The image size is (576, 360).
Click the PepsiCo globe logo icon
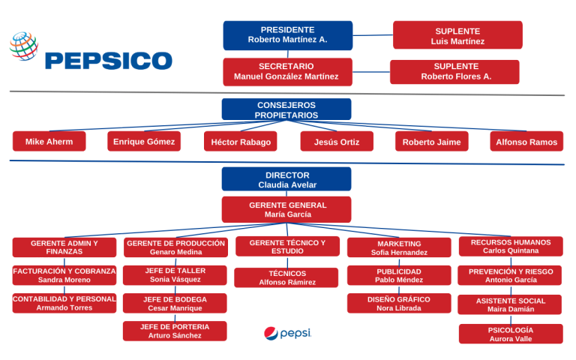pyautogui.click(x=24, y=46)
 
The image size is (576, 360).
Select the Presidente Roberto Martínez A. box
pyautogui.click(x=287, y=35)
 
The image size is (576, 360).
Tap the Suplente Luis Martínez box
pyautogui.click(x=457, y=35)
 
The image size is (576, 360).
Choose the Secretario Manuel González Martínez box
pyautogui.click(x=287, y=71)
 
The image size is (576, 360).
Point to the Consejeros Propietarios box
pyautogui.click(x=286, y=109)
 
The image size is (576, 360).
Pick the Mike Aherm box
pyautogui.click(x=49, y=141)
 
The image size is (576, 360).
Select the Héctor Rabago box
pyautogui.click(x=240, y=141)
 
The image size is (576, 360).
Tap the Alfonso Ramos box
pyautogui.click(x=526, y=141)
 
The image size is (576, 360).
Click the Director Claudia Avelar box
pyautogui.click(x=286, y=179)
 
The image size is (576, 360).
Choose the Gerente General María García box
pyautogui.click(x=286, y=209)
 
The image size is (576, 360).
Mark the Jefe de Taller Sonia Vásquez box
pyautogui.click(x=175, y=275)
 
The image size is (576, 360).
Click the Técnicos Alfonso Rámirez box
pyautogui.click(x=286, y=277)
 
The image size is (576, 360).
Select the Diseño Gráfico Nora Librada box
pyautogui.click(x=398, y=303)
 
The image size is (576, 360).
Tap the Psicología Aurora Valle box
pyautogui.click(x=511, y=334)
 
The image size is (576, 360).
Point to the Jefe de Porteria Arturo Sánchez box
pyautogui.click(x=175, y=331)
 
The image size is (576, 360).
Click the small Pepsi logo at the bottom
pyautogui.click(x=287, y=333)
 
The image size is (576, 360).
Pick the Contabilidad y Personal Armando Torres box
pyautogui.click(x=64, y=303)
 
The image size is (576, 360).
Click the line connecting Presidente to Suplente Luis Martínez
pyautogui.click(x=373, y=34)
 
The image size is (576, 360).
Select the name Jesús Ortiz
pyautogui.click(x=337, y=142)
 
